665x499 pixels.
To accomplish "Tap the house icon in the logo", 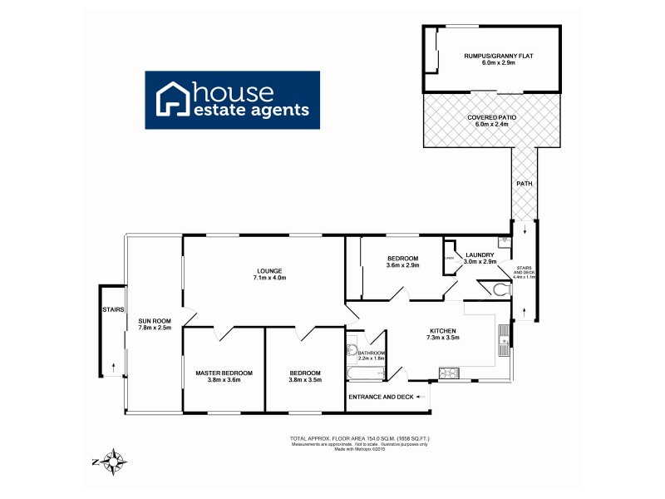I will click(174, 100).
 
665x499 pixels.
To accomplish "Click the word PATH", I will click(525, 184).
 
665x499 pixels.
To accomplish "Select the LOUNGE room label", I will click(269, 270).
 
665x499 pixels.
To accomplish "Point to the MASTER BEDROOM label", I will click(224, 373).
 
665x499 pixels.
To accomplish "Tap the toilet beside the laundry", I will click(499, 289).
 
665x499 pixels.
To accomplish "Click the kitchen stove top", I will click(449, 371).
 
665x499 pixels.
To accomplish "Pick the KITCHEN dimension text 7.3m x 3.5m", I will click(442, 338).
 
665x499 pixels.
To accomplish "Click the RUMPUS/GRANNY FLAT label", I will click(490, 57).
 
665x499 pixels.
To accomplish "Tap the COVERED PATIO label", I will click(491, 118).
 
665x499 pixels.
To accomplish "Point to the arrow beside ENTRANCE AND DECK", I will click(421, 398).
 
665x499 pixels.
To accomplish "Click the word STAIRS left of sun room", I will click(113, 309).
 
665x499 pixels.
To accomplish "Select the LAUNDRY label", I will click(480, 254).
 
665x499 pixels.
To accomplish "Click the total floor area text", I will click(359, 437).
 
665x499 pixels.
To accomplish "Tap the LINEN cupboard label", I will click(449, 258).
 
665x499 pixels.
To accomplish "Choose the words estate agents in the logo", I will click(251, 110).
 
